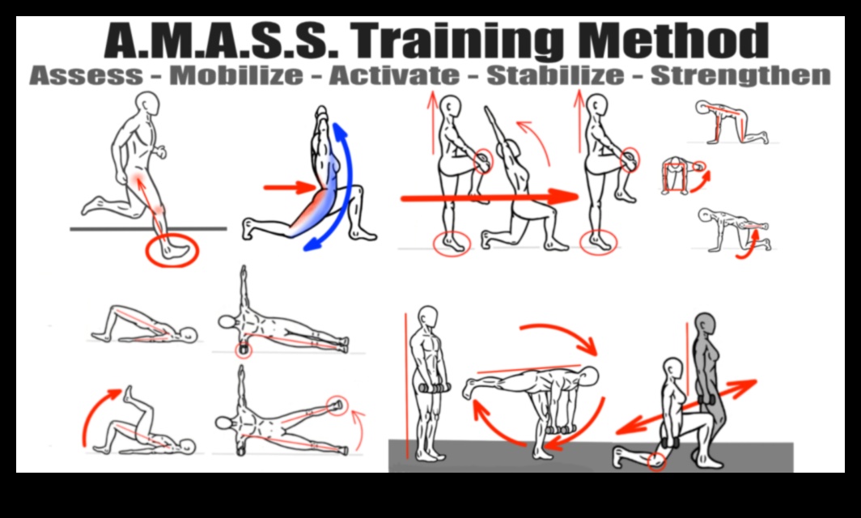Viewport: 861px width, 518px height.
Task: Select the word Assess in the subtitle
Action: (x=85, y=76)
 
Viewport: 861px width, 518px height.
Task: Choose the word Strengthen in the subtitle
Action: (x=740, y=76)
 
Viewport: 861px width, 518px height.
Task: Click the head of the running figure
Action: (x=147, y=104)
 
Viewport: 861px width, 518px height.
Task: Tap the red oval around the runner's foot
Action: (x=172, y=252)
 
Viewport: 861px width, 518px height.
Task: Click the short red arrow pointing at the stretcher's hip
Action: (x=288, y=188)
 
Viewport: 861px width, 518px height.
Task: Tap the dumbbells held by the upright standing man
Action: (x=433, y=388)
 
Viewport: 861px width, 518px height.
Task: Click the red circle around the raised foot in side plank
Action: (x=336, y=404)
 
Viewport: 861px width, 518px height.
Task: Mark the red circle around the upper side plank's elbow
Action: (x=243, y=350)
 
